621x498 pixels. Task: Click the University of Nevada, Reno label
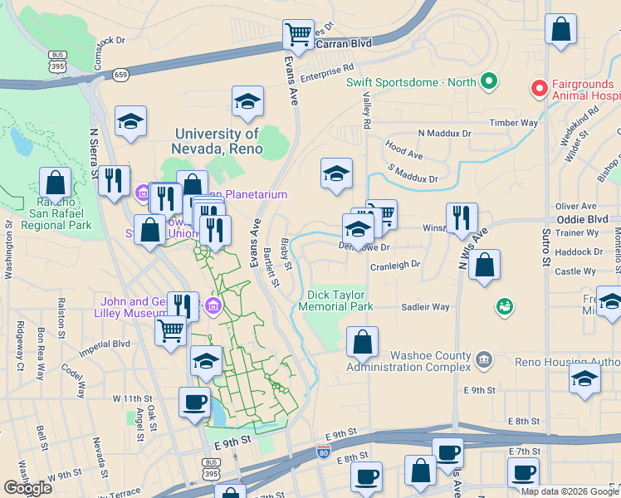point(219,142)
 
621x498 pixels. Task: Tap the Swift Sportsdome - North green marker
point(489,81)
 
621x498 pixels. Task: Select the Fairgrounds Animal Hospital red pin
point(539,86)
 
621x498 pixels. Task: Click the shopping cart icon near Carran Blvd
point(298,35)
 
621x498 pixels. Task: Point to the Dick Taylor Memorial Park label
point(340,300)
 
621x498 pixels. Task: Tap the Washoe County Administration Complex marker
point(485,359)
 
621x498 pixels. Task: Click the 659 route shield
point(121,74)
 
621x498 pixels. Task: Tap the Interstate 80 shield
point(323,452)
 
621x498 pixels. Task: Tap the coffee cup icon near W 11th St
point(195,402)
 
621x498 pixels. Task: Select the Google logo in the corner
point(28,488)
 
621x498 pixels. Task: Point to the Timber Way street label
point(514,123)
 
